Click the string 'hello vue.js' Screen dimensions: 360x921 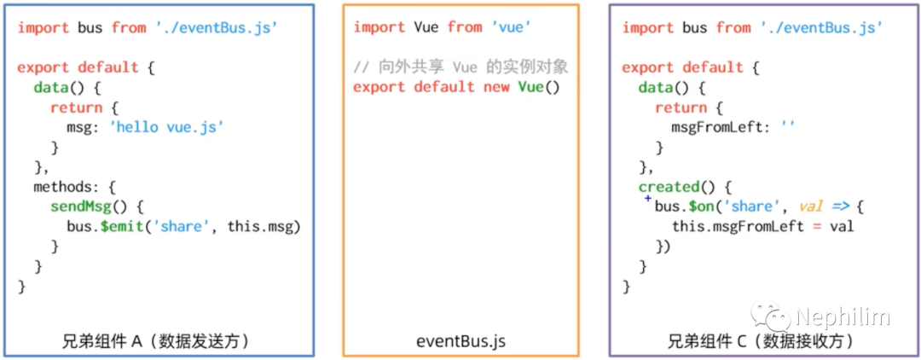(166, 127)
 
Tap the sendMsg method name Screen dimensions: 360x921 (84, 206)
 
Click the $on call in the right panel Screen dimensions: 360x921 (701, 206)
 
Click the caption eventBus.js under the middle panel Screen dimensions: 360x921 (460, 341)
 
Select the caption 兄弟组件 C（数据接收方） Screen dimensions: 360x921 (761, 341)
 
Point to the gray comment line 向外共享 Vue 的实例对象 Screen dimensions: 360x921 (460, 67)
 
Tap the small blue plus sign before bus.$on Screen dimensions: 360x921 (648, 199)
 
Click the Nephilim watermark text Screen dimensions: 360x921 (843, 318)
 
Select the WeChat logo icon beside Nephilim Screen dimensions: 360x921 (778, 317)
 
